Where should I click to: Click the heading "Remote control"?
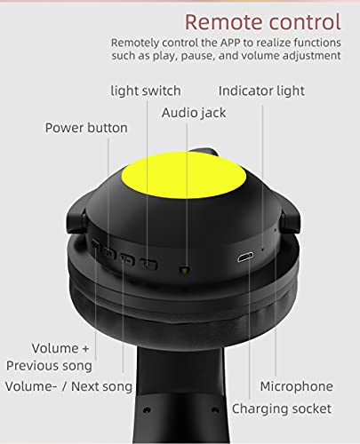pos(263,22)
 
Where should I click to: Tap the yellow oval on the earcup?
pos(184,175)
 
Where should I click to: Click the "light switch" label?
pos(146,91)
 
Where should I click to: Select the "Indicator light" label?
pos(261,91)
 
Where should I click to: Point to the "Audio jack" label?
pos(194,113)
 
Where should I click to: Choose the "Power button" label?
pos(86,128)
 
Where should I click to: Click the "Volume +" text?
pos(60,348)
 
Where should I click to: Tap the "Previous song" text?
pos(49,366)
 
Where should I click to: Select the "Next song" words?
pos(101,386)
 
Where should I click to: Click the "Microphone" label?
pos(296,386)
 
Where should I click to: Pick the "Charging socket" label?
pos(282,408)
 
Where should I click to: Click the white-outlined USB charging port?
pos(245,258)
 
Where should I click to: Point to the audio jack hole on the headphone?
pos(185,270)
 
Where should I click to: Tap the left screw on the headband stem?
pos(147,410)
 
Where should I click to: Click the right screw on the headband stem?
pos(216,410)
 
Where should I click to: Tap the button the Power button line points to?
pos(109,252)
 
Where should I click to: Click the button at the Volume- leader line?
pos(127,258)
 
